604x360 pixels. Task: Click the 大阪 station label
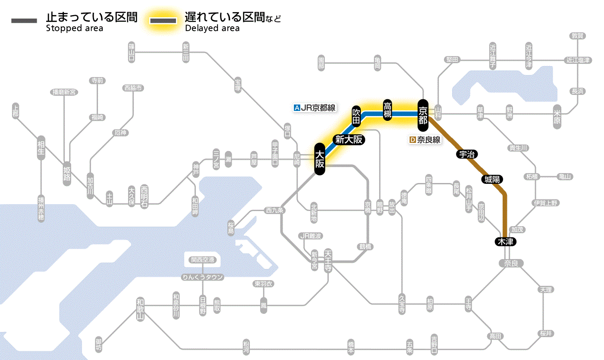coord(319,159)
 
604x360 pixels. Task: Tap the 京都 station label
coord(422,114)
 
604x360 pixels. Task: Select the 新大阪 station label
coord(349,139)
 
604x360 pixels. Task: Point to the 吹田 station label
coord(356,116)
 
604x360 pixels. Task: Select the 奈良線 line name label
coord(428,140)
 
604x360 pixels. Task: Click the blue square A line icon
coord(296,108)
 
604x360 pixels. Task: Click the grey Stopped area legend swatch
coord(25,20)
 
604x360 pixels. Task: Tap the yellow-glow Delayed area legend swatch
coord(163,20)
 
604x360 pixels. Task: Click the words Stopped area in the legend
coord(74,28)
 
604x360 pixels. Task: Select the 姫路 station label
coord(67,174)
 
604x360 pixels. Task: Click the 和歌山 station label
coord(140,309)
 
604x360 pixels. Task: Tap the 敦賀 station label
coord(577,36)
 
